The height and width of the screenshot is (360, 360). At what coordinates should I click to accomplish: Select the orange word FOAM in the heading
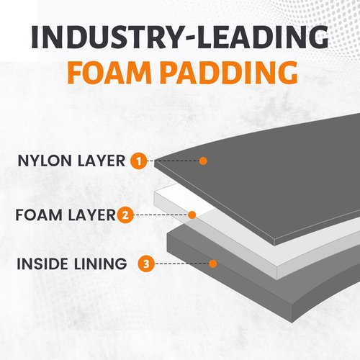tap(109, 72)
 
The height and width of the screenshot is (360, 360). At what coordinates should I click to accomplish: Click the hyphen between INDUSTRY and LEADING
tap(186, 38)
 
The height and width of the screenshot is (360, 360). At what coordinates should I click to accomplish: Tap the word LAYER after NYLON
tap(102, 161)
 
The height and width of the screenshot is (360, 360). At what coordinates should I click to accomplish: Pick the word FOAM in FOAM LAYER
tap(39, 215)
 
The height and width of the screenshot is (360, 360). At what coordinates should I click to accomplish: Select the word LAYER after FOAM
tap(92, 215)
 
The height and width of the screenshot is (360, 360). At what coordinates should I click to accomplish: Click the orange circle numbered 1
tap(139, 161)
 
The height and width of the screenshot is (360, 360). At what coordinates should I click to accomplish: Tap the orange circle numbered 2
tap(125, 215)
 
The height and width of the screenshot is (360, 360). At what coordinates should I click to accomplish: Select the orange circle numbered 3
tap(146, 264)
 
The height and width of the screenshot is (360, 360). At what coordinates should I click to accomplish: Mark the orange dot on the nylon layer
tap(203, 161)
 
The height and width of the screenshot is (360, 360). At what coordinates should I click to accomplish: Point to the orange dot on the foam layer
tap(192, 215)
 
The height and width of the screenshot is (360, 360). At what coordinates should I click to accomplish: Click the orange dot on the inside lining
tap(213, 264)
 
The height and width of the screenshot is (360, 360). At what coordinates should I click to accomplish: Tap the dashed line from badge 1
tap(174, 161)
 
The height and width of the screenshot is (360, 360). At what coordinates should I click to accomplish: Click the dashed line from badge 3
tap(182, 264)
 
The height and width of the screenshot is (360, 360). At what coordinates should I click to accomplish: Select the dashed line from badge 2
tap(161, 215)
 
